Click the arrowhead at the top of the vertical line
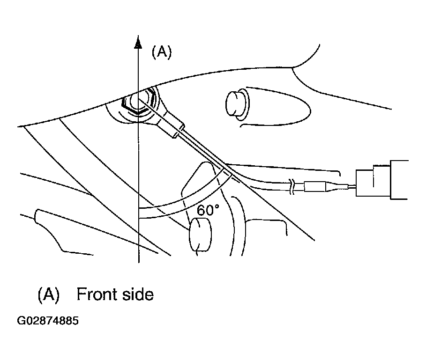point(138,42)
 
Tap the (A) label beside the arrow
point(162,52)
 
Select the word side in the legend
point(136,294)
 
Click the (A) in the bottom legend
point(48,294)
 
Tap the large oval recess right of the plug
point(277,106)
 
